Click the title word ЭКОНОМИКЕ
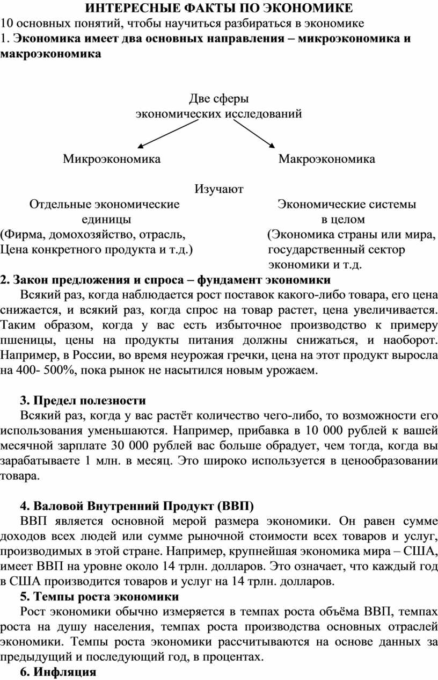[306, 8]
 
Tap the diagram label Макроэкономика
[326, 159]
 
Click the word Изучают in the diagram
[218, 189]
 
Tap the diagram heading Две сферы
[219, 98]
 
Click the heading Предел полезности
[83, 401]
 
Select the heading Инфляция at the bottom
[64, 672]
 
